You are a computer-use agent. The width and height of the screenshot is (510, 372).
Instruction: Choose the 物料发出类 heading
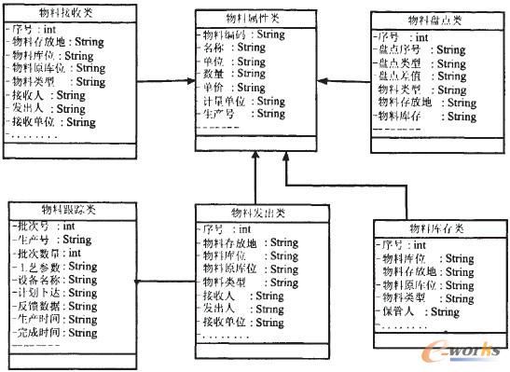click(254, 214)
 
